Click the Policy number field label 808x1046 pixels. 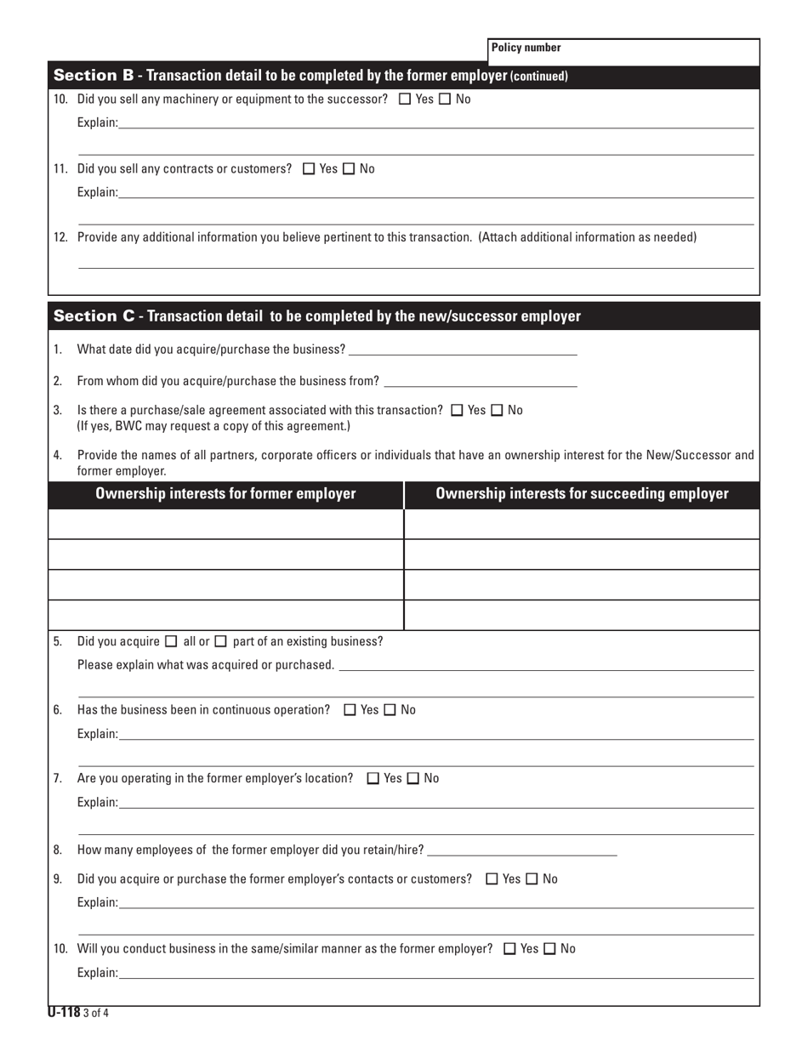point(526,48)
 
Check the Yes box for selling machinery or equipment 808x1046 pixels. point(405,99)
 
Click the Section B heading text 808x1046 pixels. point(310,76)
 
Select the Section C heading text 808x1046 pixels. point(317,316)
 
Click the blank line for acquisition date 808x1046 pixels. point(463,350)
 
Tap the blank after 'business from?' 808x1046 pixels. point(481,380)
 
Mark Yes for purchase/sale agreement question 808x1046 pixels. point(458,410)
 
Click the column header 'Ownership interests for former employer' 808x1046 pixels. point(226,494)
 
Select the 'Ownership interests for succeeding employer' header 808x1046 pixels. point(582,494)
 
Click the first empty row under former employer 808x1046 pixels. point(226,524)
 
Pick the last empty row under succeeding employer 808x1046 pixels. point(582,615)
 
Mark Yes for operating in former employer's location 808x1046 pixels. point(373,778)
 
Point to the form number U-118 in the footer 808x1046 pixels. point(64,1012)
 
